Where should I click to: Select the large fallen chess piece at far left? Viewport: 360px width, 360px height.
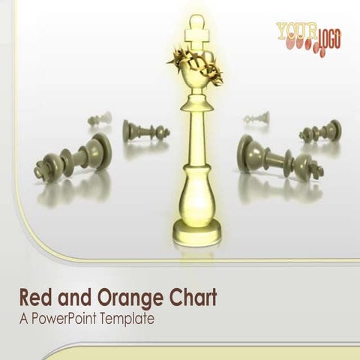point(74,159)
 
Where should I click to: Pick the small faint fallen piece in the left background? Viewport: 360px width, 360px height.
point(99,118)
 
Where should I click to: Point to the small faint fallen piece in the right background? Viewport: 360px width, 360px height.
point(257,118)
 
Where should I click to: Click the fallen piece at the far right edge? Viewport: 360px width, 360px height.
point(321,133)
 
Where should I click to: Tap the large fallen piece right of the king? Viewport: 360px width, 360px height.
point(278,157)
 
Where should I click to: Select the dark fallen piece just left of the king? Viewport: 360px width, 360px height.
point(144,132)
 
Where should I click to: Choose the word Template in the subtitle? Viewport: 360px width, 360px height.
point(128,319)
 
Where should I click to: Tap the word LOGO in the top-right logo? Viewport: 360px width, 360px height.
point(328,37)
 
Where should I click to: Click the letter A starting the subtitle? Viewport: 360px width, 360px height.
point(23,319)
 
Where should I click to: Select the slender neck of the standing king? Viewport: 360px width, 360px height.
point(196,127)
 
